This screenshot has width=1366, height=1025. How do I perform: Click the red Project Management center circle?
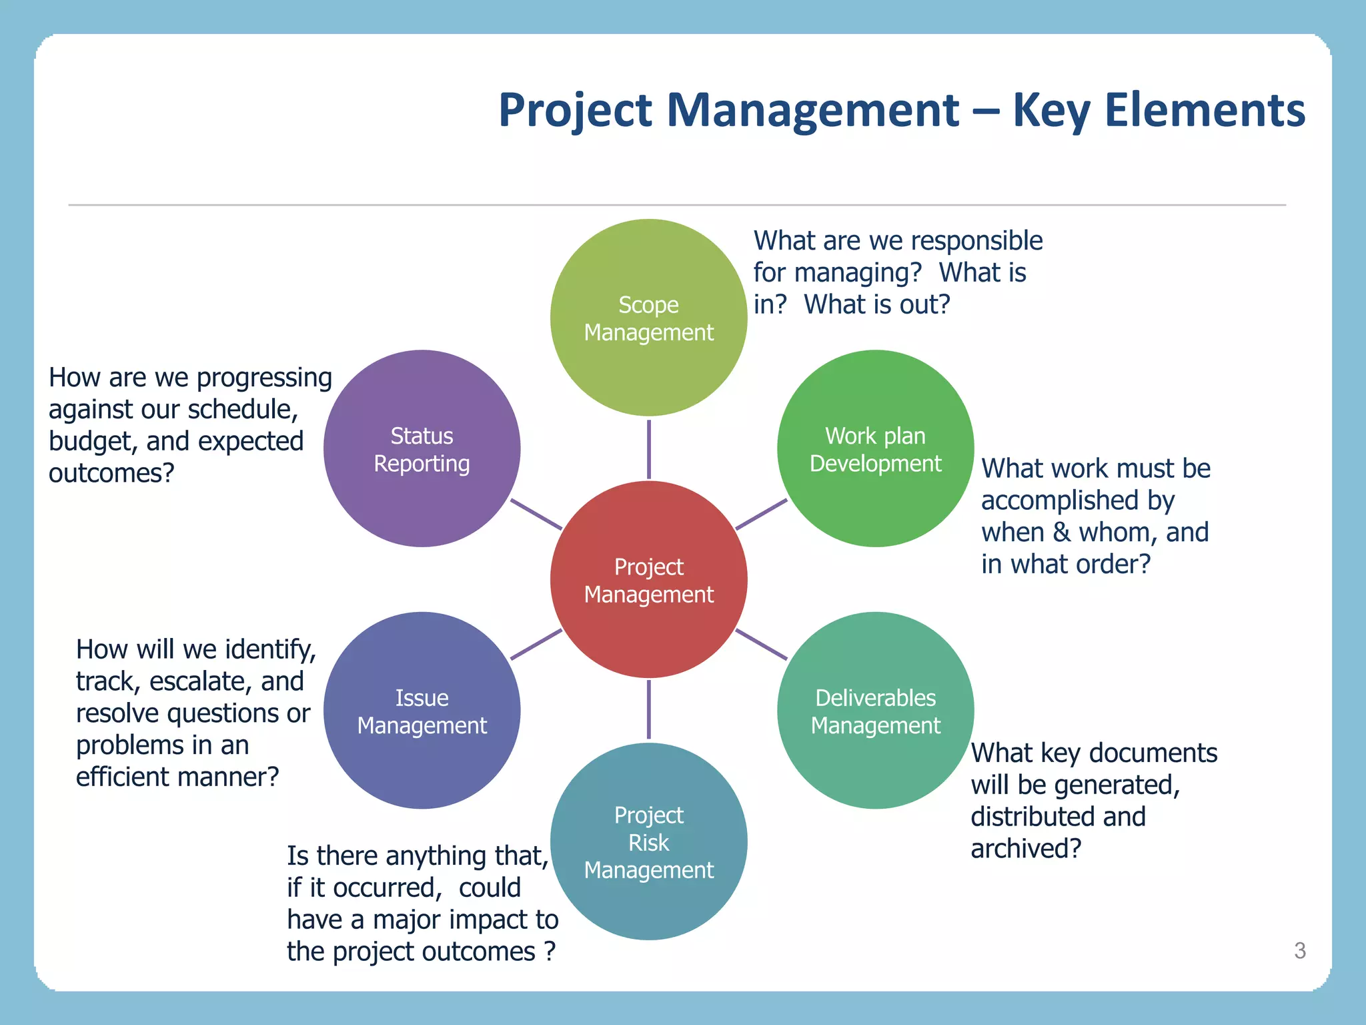(x=648, y=579)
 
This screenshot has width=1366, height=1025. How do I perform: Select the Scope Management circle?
(x=648, y=318)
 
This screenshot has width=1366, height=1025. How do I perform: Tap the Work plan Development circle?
(x=875, y=448)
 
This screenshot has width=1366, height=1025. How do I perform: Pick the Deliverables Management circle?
(x=875, y=710)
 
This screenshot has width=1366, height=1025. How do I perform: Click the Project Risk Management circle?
(x=648, y=841)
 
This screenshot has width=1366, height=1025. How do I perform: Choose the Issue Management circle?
(x=422, y=710)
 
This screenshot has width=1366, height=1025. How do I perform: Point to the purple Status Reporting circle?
(x=422, y=448)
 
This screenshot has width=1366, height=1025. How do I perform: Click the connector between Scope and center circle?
(x=648, y=448)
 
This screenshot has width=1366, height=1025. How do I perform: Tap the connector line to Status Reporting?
(x=536, y=514)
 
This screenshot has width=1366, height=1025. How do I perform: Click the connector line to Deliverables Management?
(x=761, y=645)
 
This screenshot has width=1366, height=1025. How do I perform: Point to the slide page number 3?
(x=1299, y=950)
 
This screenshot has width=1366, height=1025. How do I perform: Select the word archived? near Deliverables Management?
(x=1025, y=849)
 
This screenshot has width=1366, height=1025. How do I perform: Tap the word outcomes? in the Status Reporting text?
(x=111, y=473)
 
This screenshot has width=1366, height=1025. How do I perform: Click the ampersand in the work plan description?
(x=1062, y=533)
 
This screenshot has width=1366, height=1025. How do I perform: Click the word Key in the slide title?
(x=1051, y=110)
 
